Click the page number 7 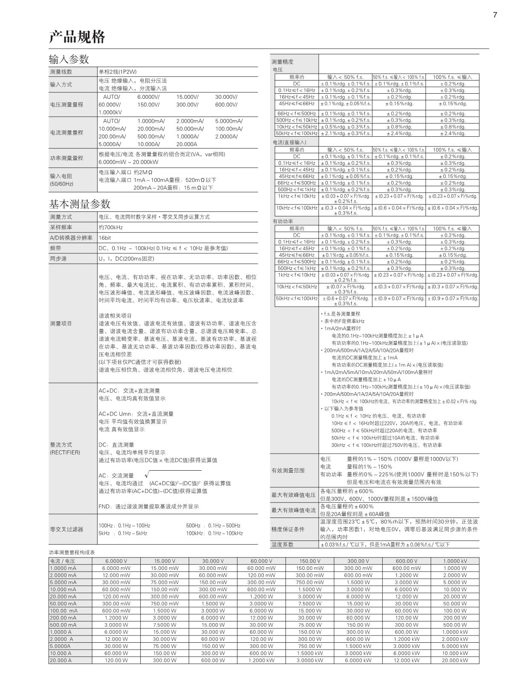[x=495, y=15]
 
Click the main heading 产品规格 [x=77, y=37]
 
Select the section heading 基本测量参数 [x=80, y=204]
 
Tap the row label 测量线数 [x=61, y=72]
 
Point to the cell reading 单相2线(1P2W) [x=118, y=72]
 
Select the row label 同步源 [x=58, y=259]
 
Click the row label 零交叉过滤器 [x=67, y=529]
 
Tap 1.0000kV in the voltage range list [x=110, y=112]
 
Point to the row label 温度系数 [x=283, y=544]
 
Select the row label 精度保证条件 [x=288, y=529]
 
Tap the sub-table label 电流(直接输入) [x=289, y=142]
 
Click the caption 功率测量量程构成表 [x=72, y=552]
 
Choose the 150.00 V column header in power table [x=309, y=561]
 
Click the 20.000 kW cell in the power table [x=455, y=660]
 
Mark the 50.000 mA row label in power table [x=63, y=604]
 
